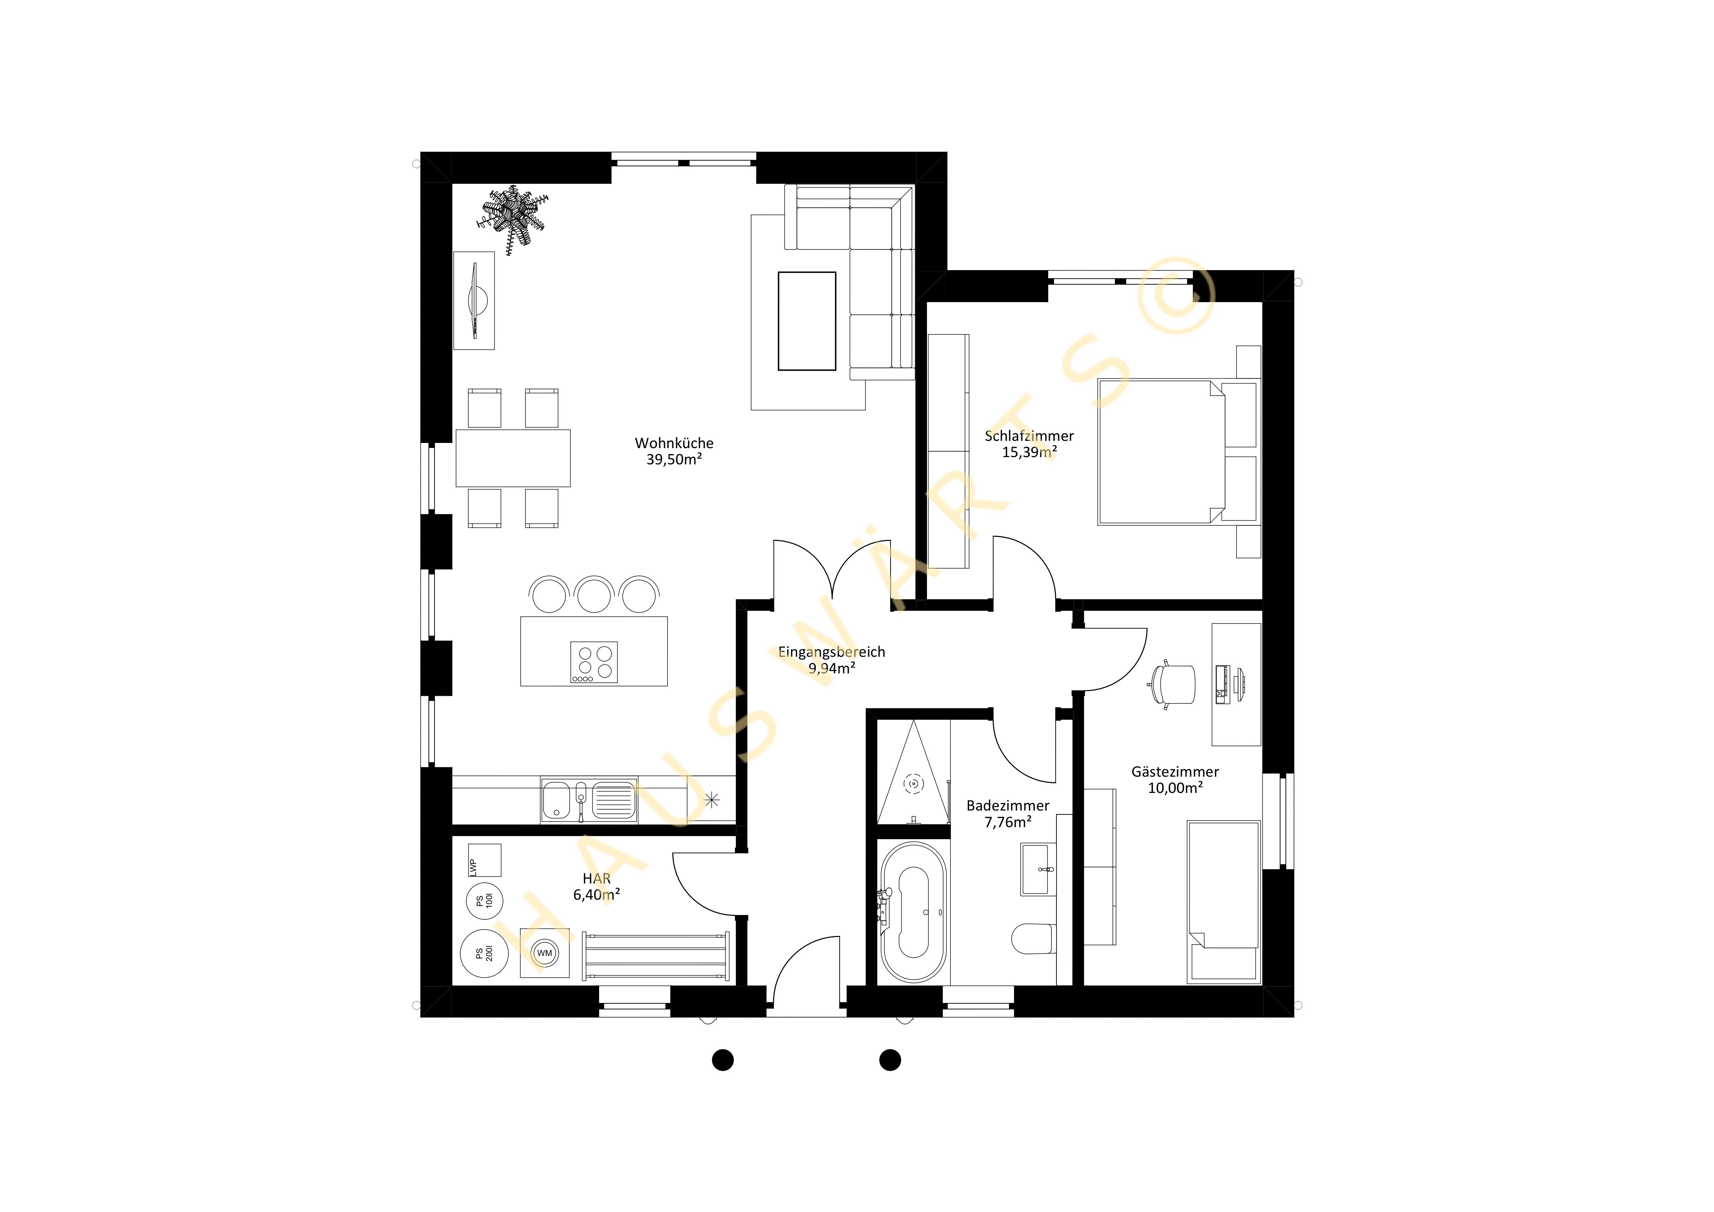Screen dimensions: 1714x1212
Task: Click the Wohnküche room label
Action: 674,443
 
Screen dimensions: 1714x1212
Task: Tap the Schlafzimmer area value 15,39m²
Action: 1030,452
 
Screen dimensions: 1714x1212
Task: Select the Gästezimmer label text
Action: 1175,772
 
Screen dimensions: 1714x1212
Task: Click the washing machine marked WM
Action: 544,953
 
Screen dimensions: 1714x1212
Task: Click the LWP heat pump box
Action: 484,861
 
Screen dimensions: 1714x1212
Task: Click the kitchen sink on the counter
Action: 589,800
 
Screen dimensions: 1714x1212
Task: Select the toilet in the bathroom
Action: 1034,938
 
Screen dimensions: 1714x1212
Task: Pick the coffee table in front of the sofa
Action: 807,321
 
